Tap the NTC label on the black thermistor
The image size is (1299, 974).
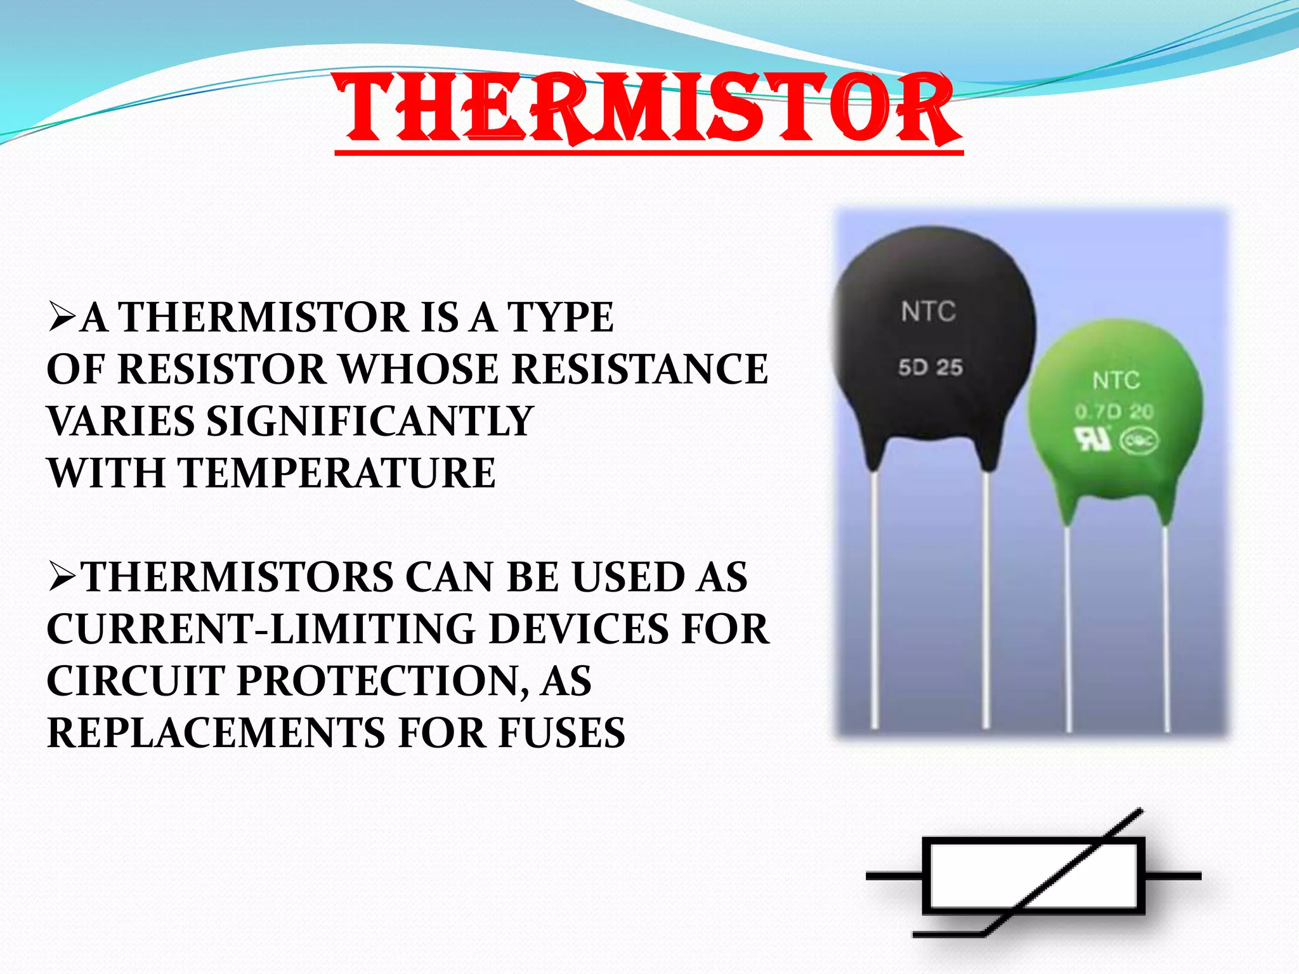click(928, 312)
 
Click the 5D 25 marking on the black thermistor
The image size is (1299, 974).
click(930, 368)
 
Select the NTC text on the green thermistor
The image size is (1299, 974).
click(1116, 380)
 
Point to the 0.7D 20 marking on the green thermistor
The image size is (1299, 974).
click(1114, 412)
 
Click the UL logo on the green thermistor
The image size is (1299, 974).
click(1092, 439)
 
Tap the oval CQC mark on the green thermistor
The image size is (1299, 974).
click(1139, 441)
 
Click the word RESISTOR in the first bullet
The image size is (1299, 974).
click(221, 369)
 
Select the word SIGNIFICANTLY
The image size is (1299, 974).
click(370, 422)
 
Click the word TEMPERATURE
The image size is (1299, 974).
click(336, 474)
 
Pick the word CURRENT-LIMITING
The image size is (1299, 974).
click(261, 629)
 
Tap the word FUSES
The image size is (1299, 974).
click(561, 733)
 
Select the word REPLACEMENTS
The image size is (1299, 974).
click(216, 733)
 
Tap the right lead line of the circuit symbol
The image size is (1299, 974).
click(1173, 876)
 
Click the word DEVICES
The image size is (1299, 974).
click(578, 629)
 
